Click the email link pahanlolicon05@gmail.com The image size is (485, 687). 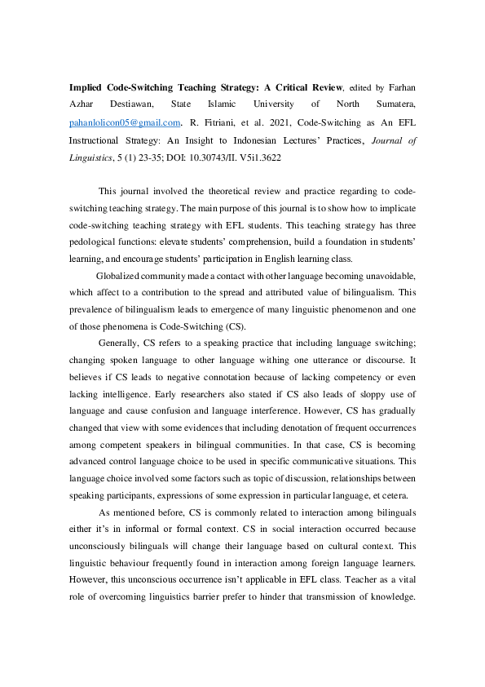pos(125,122)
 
